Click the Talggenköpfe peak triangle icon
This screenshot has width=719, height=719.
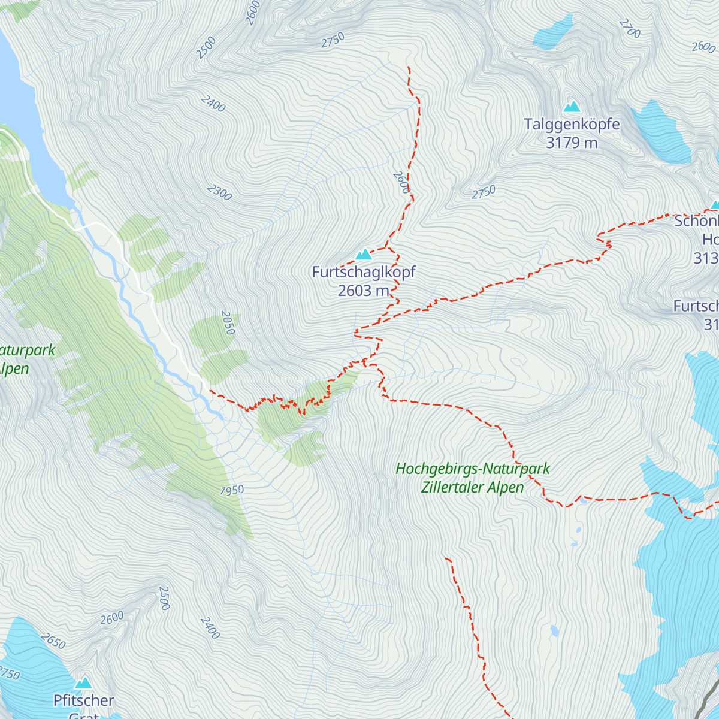click(x=572, y=107)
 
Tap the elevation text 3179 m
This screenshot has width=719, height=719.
click(x=572, y=143)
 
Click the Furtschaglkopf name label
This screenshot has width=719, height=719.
click(x=364, y=272)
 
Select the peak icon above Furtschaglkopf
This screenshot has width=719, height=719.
click(x=363, y=255)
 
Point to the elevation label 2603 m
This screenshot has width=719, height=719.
click(x=364, y=291)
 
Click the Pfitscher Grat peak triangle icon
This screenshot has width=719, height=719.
click(x=83, y=683)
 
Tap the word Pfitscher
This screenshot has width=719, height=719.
click(x=84, y=700)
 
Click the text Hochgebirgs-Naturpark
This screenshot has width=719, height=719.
click(x=473, y=469)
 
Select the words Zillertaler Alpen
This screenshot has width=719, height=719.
click(x=472, y=488)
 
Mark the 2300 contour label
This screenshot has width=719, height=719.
click(x=219, y=192)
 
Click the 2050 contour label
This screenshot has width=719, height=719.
click(x=228, y=323)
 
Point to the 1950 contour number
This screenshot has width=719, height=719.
click(x=232, y=491)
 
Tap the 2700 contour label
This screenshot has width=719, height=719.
click(x=630, y=28)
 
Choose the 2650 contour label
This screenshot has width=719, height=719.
click(x=53, y=642)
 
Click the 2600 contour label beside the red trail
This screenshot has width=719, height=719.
click(x=401, y=182)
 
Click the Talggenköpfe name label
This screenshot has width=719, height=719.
click(x=572, y=125)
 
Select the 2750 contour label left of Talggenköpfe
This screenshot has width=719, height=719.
click(x=484, y=192)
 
